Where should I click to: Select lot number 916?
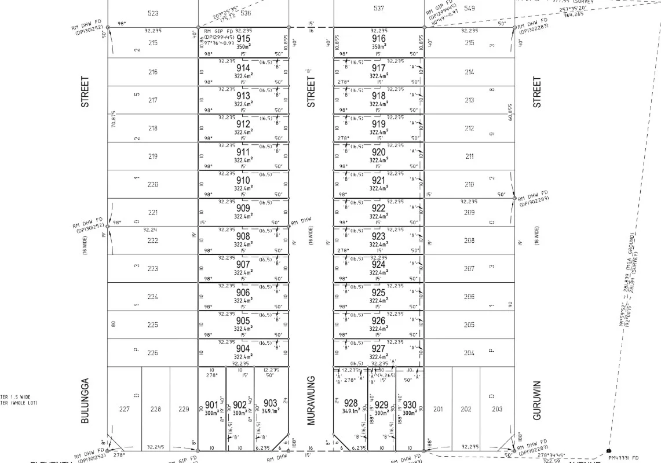tap(378, 39)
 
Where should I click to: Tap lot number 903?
tap(270, 403)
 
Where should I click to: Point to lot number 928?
tap(350, 403)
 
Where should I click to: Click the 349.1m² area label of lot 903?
tap(270, 411)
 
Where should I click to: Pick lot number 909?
tap(243, 208)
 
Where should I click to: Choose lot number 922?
tap(378, 208)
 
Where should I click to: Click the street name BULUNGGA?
tap(85, 401)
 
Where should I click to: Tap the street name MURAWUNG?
tap(311, 400)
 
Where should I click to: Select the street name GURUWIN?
tap(536, 400)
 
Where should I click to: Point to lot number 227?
tap(124, 409)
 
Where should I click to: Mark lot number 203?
tap(497, 409)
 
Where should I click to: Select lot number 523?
tap(153, 13)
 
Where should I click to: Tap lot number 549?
tap(469, 8)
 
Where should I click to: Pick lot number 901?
tap(211, 405)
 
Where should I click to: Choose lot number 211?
tap(469, 156)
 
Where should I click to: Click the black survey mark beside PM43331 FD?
tap(608, 450)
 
